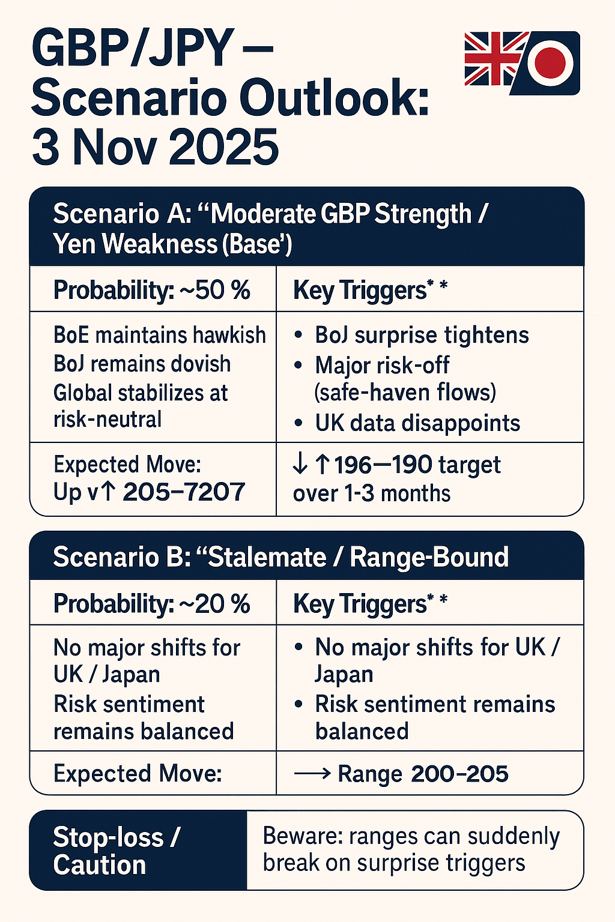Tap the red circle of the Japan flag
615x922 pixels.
pos(550,62)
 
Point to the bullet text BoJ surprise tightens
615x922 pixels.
pos(422,335)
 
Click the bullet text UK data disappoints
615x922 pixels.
pos(417,423)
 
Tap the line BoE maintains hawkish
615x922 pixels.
pos(159,335)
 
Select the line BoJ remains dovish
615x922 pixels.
pos(142,364)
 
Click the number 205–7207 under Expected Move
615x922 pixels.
pos(184,492)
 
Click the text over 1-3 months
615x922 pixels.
pos(371,493)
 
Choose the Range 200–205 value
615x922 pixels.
pos(423,774)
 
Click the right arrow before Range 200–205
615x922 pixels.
pos(312,774)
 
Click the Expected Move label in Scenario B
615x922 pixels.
pos(138,774)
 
